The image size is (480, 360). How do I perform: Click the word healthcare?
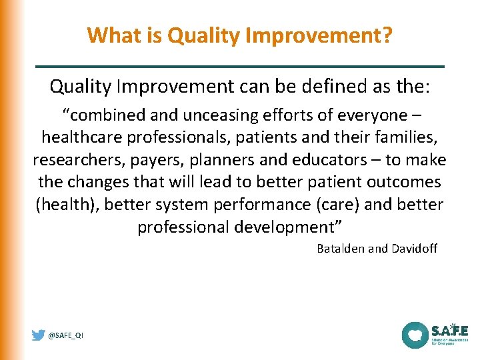coord(83,138)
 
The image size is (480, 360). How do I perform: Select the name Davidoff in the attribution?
coord(414,249)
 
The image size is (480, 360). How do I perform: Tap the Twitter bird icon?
coord(39,335)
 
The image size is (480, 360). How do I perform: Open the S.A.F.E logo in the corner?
coord(435,335)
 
